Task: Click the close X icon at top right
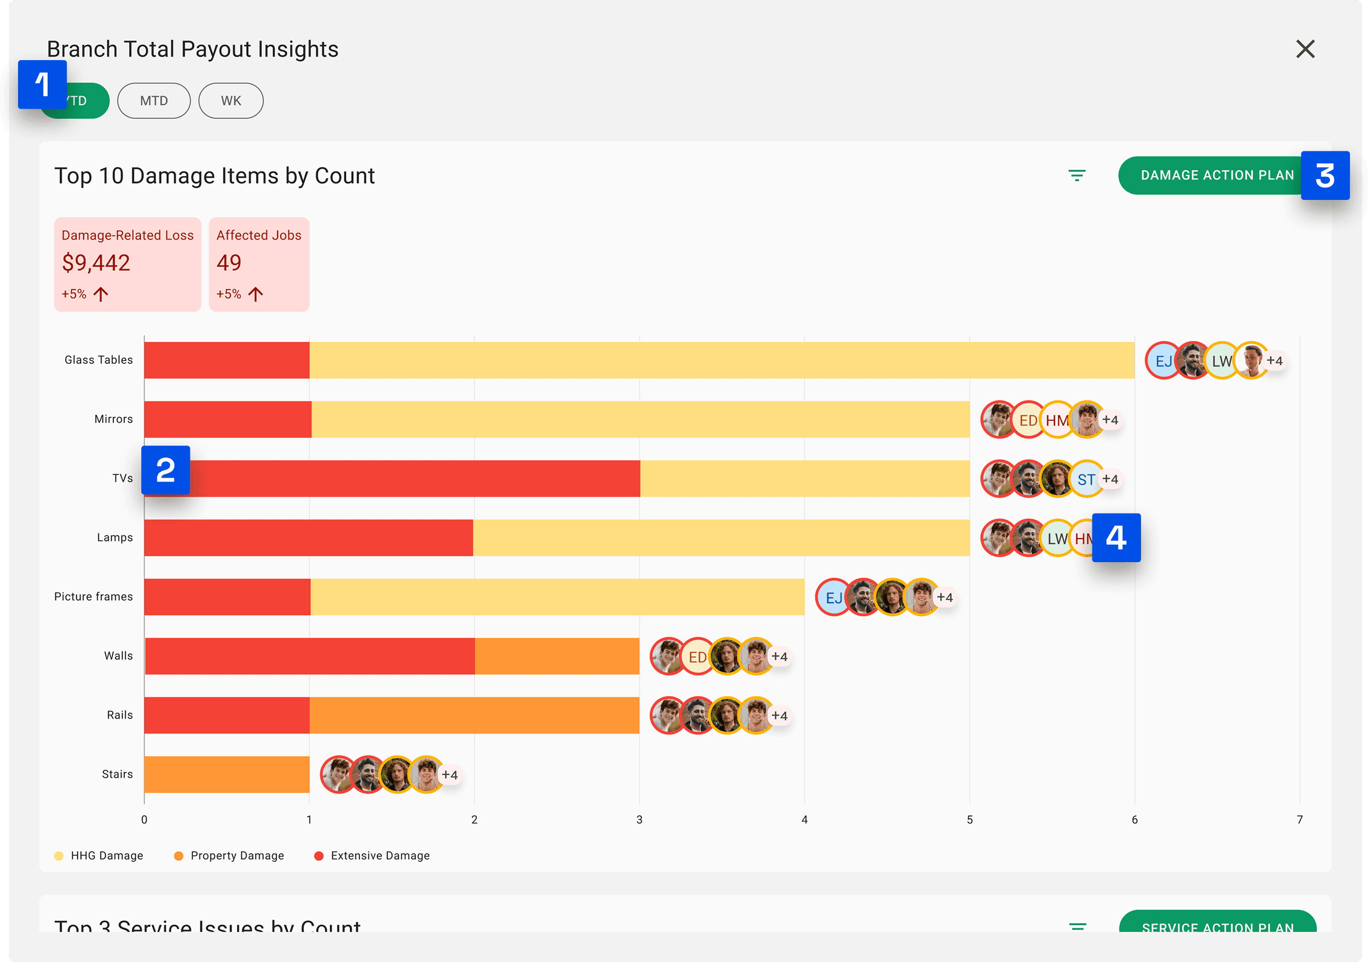pos(1305,49)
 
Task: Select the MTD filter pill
pos(154,101)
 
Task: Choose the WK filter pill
pos(231,101)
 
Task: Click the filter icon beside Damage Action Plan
pos(1077,176)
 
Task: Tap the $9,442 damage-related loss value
pos(96,263)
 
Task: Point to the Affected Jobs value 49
pos(229,263)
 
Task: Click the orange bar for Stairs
pos(226,775)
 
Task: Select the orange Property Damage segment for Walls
pos(557,656)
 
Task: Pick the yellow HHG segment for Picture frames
pos(557,597)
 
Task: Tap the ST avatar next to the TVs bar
pos(1085,479)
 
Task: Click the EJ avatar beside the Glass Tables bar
pos(1163,361)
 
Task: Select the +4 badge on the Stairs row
pos(450,775)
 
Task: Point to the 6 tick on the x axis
pos(1134,820)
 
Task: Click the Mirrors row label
pos(113,419)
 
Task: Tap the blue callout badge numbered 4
pos(1116,537)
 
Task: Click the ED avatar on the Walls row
pos(697,657)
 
